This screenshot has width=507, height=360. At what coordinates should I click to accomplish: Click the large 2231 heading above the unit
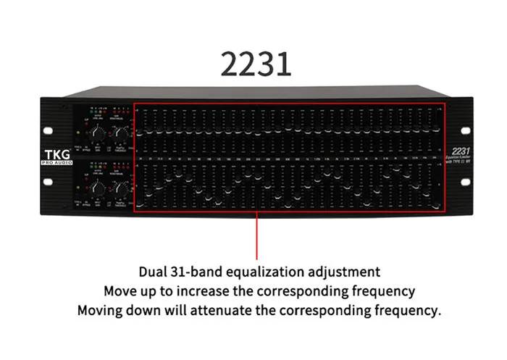pyautogui.click(x=256, y=64)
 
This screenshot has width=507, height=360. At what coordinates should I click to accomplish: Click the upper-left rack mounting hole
pyautogui.click(x=49, y=131)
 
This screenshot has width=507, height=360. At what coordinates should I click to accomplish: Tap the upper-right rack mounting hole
pyautogui.click(x=464, y=131)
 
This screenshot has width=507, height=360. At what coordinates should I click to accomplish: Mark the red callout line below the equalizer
pyautogui.click(x=256, y=235)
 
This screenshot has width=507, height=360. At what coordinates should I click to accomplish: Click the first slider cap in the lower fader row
pyautogui.click(x=148, y=195)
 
